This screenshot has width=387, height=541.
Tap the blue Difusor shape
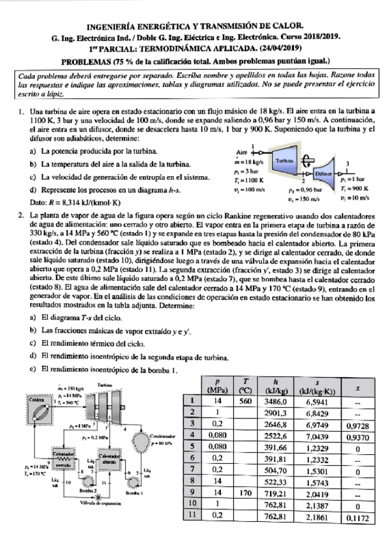point(326,174)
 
